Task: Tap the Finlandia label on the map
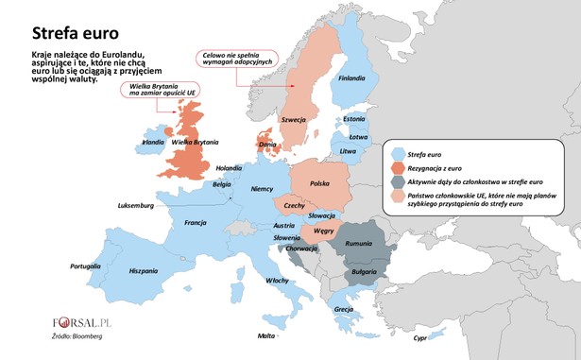pyautogui.click(x=351, y=77)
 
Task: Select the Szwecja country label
pyautogui.click(x=294, y=120)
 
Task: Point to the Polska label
pyautogui.click(x=320, y=181)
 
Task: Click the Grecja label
pyautogui.click(x=344, y=309)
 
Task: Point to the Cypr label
pyautogui.click(x=421, y=336)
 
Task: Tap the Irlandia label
pyautogui.click(x=152, y=143)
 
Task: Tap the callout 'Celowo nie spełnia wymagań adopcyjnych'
pyautogui.click(x=233, y=59)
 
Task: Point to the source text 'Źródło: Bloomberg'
pyautogui.click(x=77, y=335)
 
